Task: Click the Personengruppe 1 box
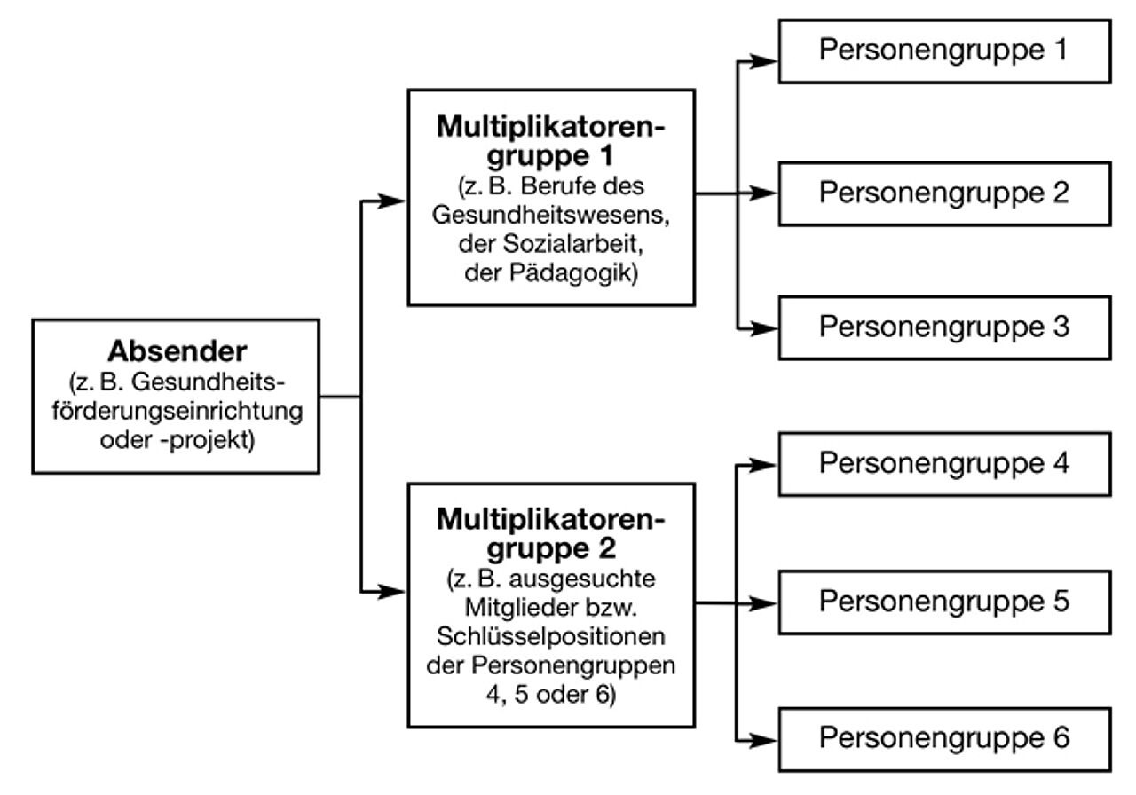pos(944,51)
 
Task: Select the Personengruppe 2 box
pos(944,193)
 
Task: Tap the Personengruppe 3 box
pos(944,327)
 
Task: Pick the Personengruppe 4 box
pos(944,463)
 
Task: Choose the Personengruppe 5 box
pos(944,602)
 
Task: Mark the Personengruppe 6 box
pos(944,738)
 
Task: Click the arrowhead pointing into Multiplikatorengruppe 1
pos(394,201)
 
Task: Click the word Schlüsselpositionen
pos(551,639)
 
